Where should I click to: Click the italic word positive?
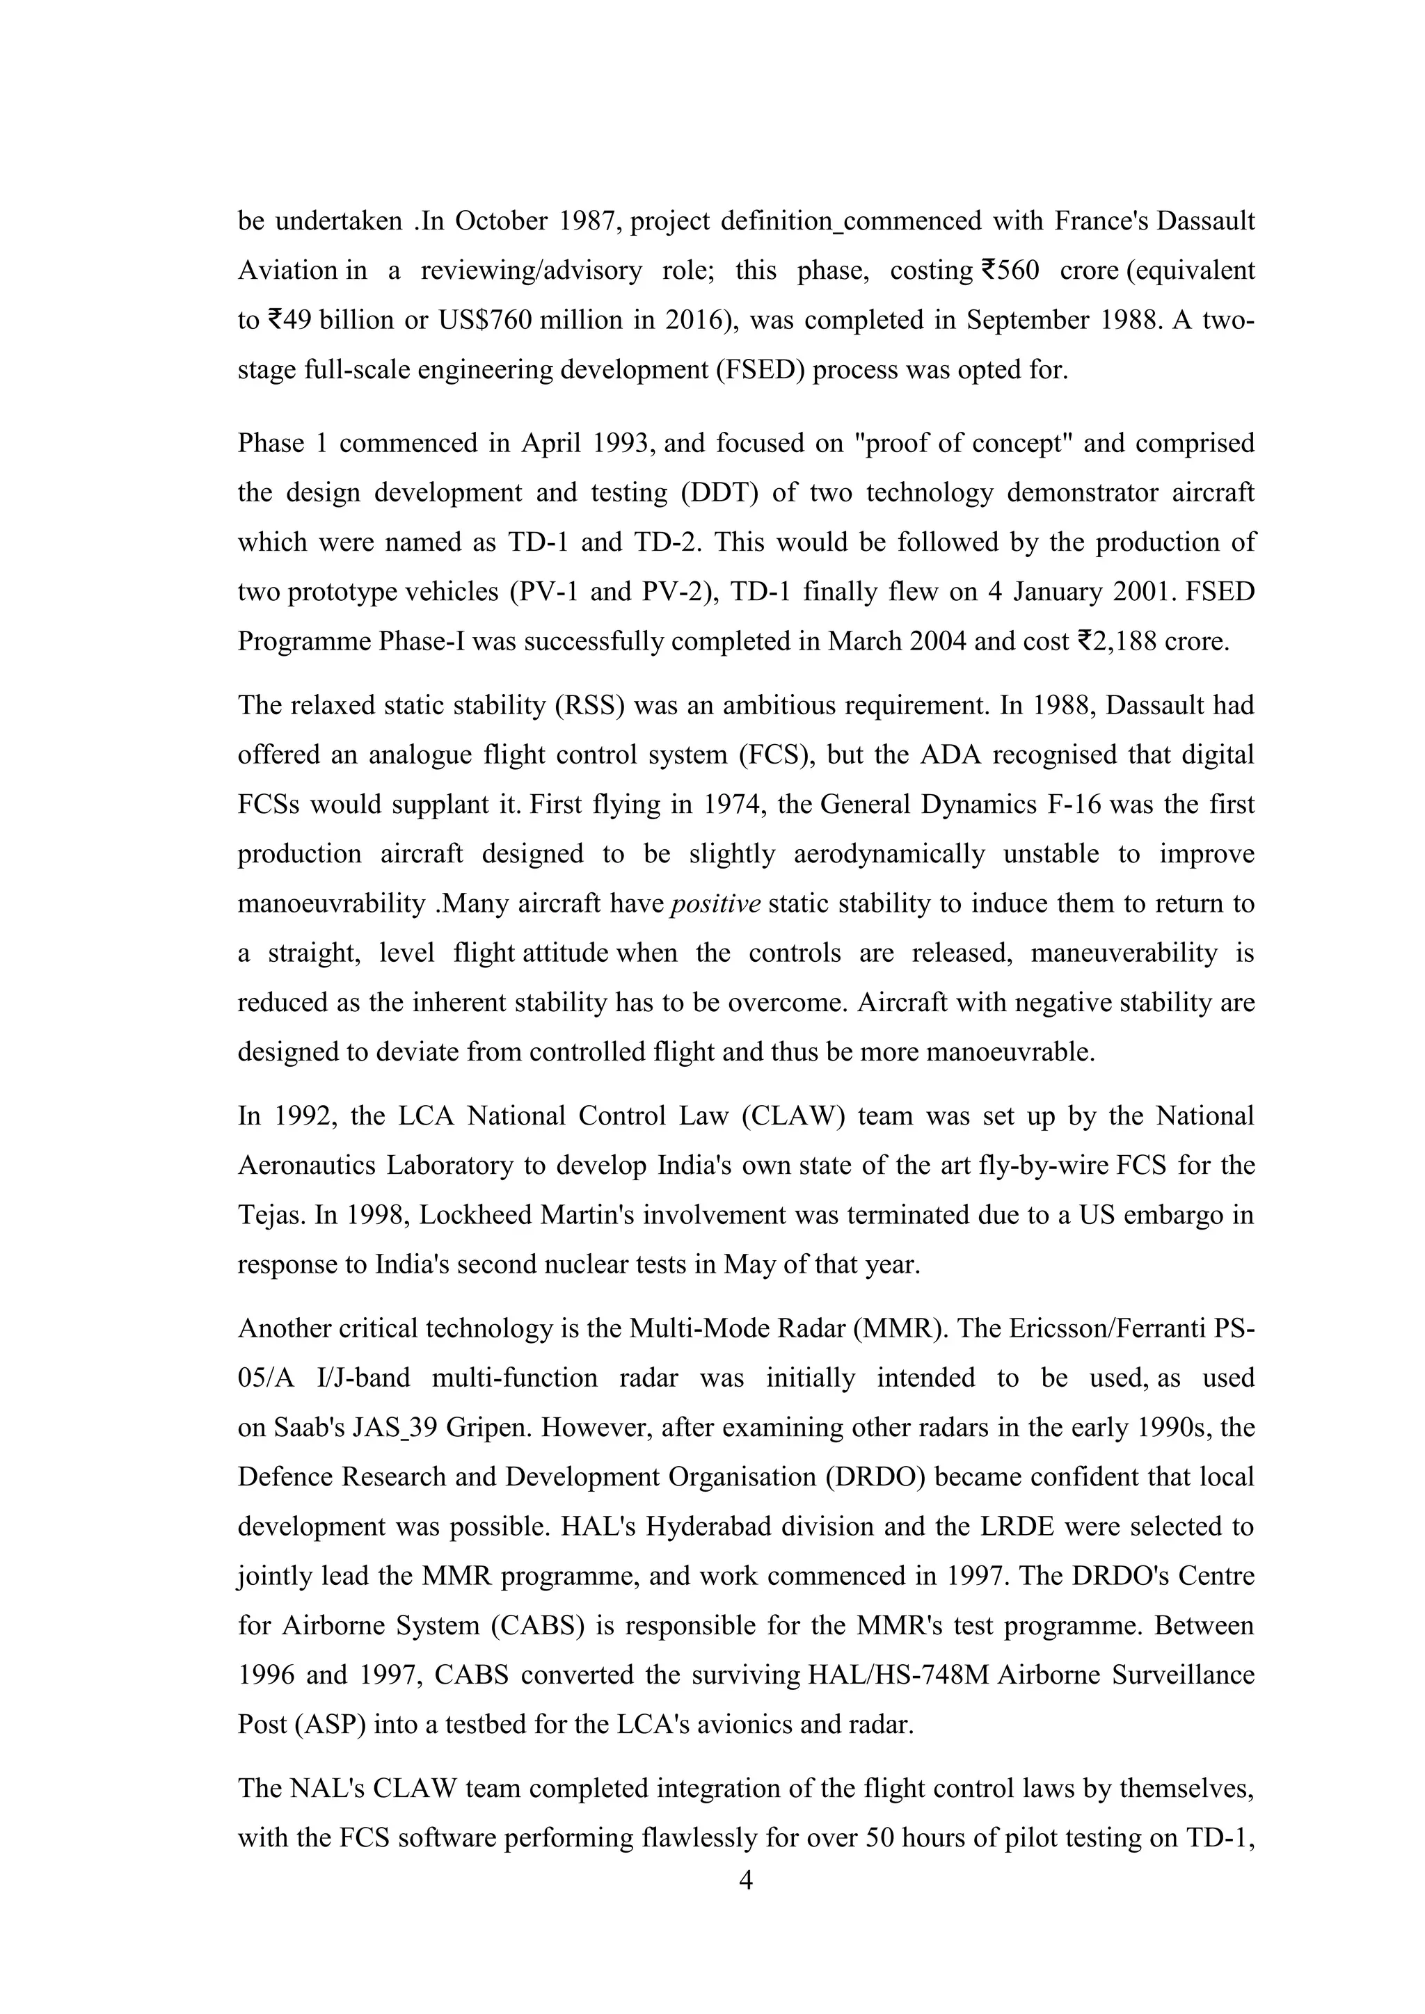pyautogui.click(x=715, y=904)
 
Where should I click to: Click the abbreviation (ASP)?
pyautogui.click(x=330, y=1725)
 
